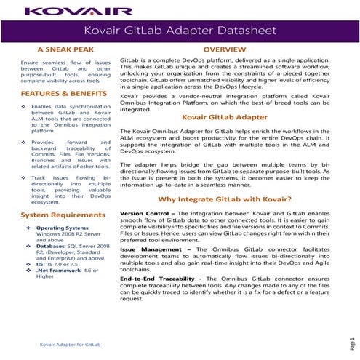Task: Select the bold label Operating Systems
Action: [x=63, y=229]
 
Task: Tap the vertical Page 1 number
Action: [x=350, y=343]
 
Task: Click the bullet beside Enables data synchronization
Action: [x=25, y=106]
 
